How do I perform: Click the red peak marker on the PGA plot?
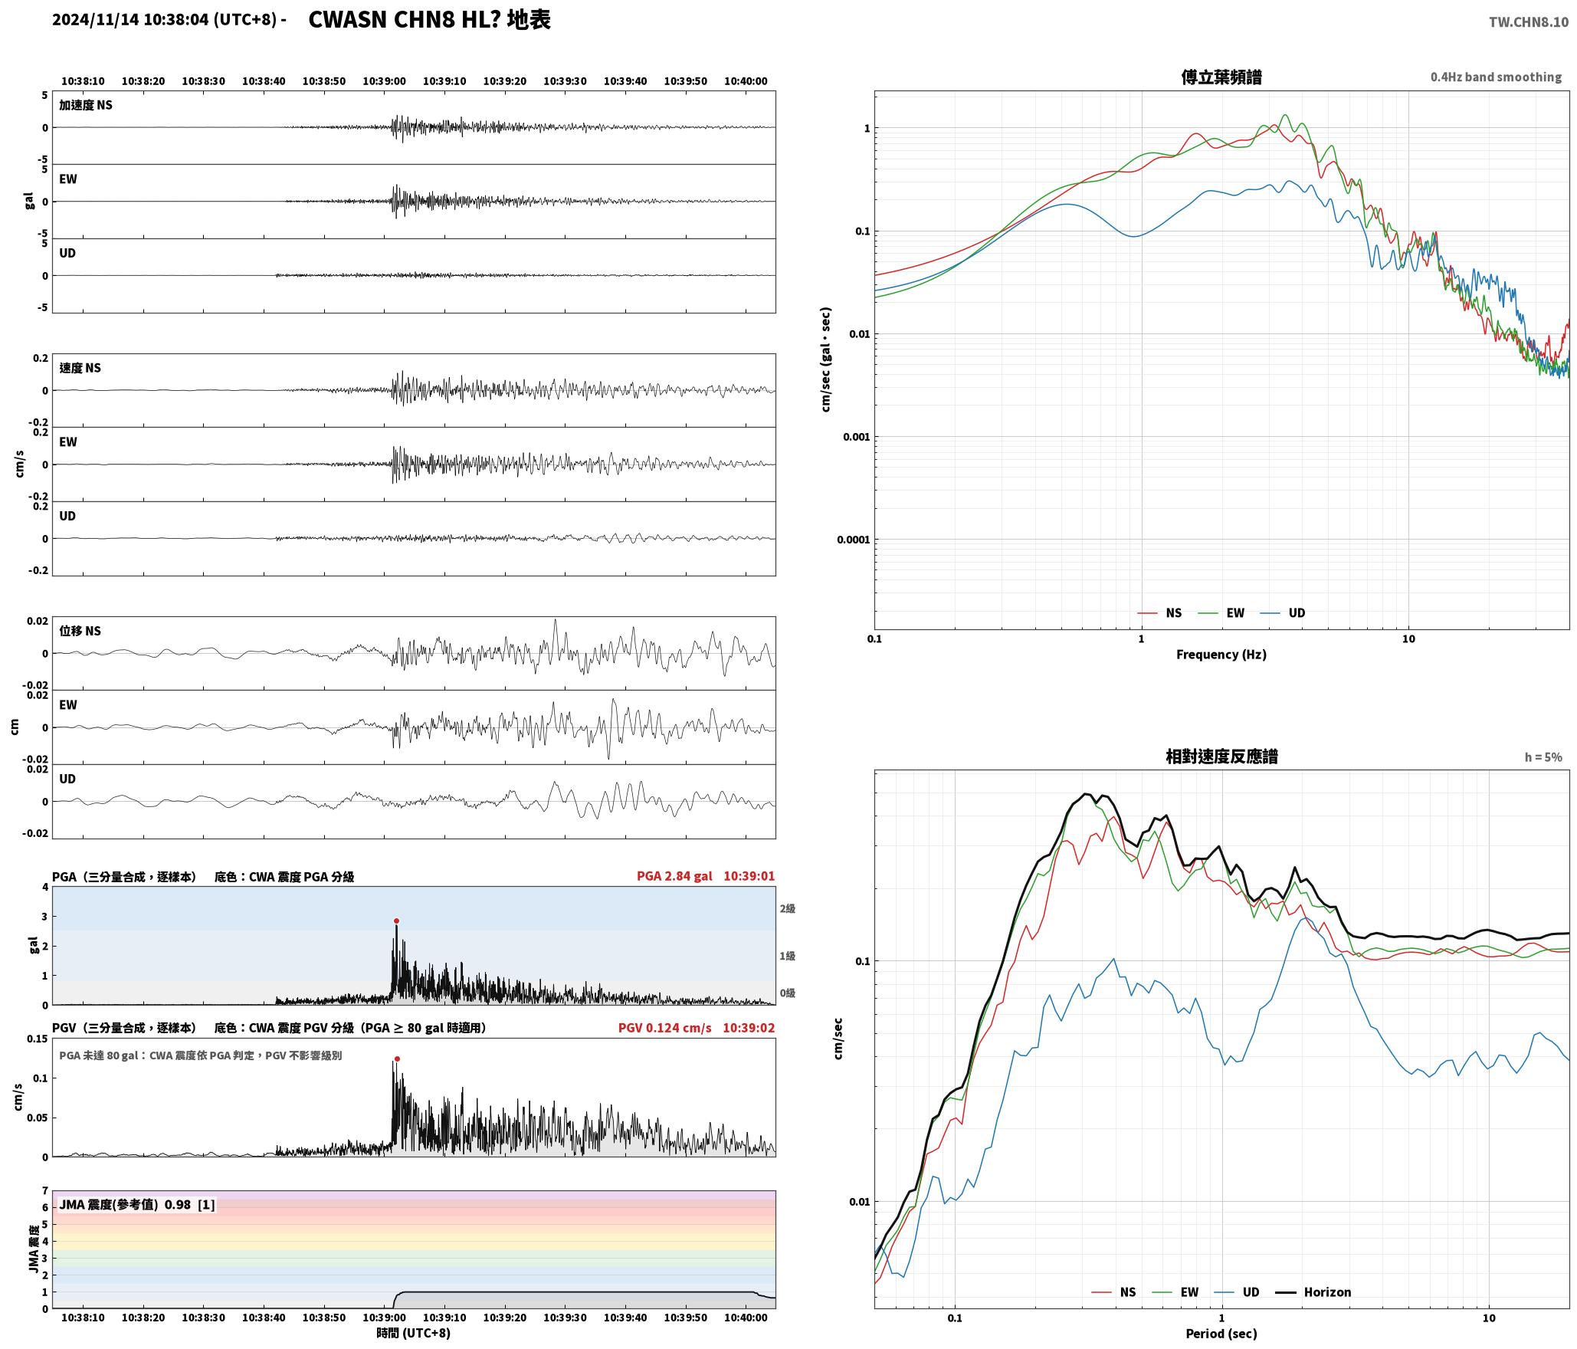[396, 921]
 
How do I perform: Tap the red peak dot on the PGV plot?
[397, 1059]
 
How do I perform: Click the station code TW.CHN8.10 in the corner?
[1529, 22]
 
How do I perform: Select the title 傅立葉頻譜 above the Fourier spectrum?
[1221, 77]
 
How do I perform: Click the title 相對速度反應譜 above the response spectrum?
[1221, 757]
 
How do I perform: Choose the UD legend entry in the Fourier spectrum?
[1283, 613]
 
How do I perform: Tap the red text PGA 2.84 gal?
[674, 876]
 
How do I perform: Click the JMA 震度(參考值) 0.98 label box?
[136, 1205]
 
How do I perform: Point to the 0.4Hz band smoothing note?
[1496, 77]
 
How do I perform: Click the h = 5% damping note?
[1543, 757]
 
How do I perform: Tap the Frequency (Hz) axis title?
[1221, 655]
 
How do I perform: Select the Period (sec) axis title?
[1221, 1334]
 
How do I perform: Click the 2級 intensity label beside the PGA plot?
[788, 909]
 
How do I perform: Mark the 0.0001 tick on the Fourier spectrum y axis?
[853, 540]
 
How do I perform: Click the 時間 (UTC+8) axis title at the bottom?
[413, 1333]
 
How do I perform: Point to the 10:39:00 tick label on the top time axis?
[384, 81]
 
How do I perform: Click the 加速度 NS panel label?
[86, 105]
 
